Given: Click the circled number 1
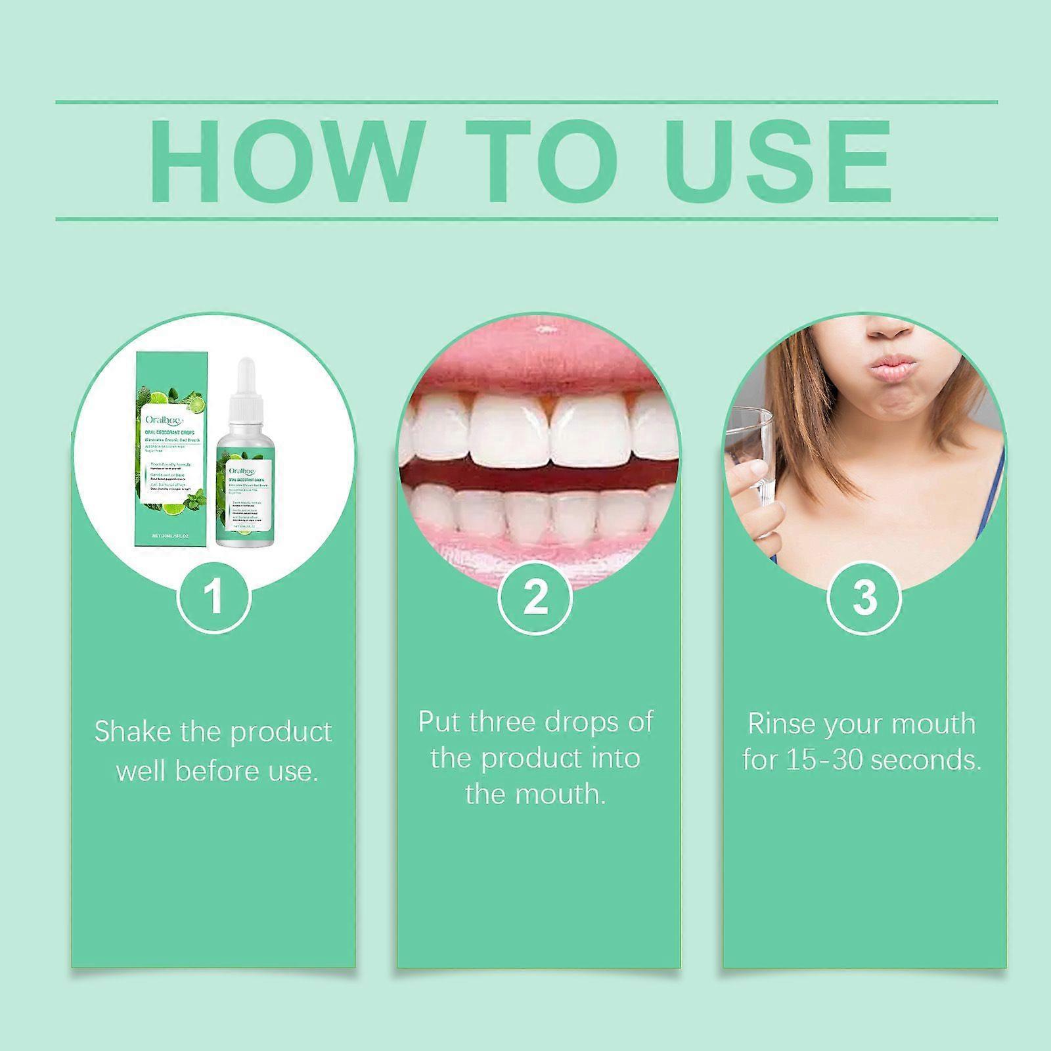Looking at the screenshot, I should click(x=213, y=597).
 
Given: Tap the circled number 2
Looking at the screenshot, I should click(x=535, y=597).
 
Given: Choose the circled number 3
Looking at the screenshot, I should click(x=863, y=597).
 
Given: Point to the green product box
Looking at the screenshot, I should click(x=173, y=453).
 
